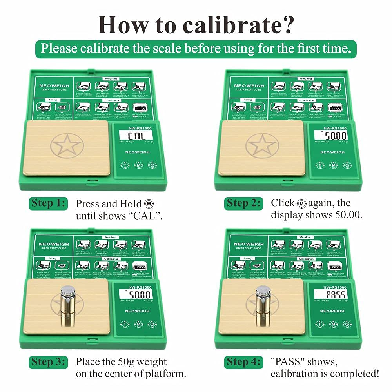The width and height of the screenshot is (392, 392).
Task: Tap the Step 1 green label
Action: click(x=47, y=204)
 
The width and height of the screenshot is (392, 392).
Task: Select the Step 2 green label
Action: click(x=243, y=203)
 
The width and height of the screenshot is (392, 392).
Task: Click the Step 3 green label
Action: click(x=47, y=361)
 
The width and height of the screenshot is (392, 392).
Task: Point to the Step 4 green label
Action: click(x=243, y=361)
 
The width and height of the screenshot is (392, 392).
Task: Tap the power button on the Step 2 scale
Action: click(x=347, y=165)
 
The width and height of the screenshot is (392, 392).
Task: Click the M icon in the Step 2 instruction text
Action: click(x=301, y=203)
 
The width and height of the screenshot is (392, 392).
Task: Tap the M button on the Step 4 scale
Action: click(x=333, y=324)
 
